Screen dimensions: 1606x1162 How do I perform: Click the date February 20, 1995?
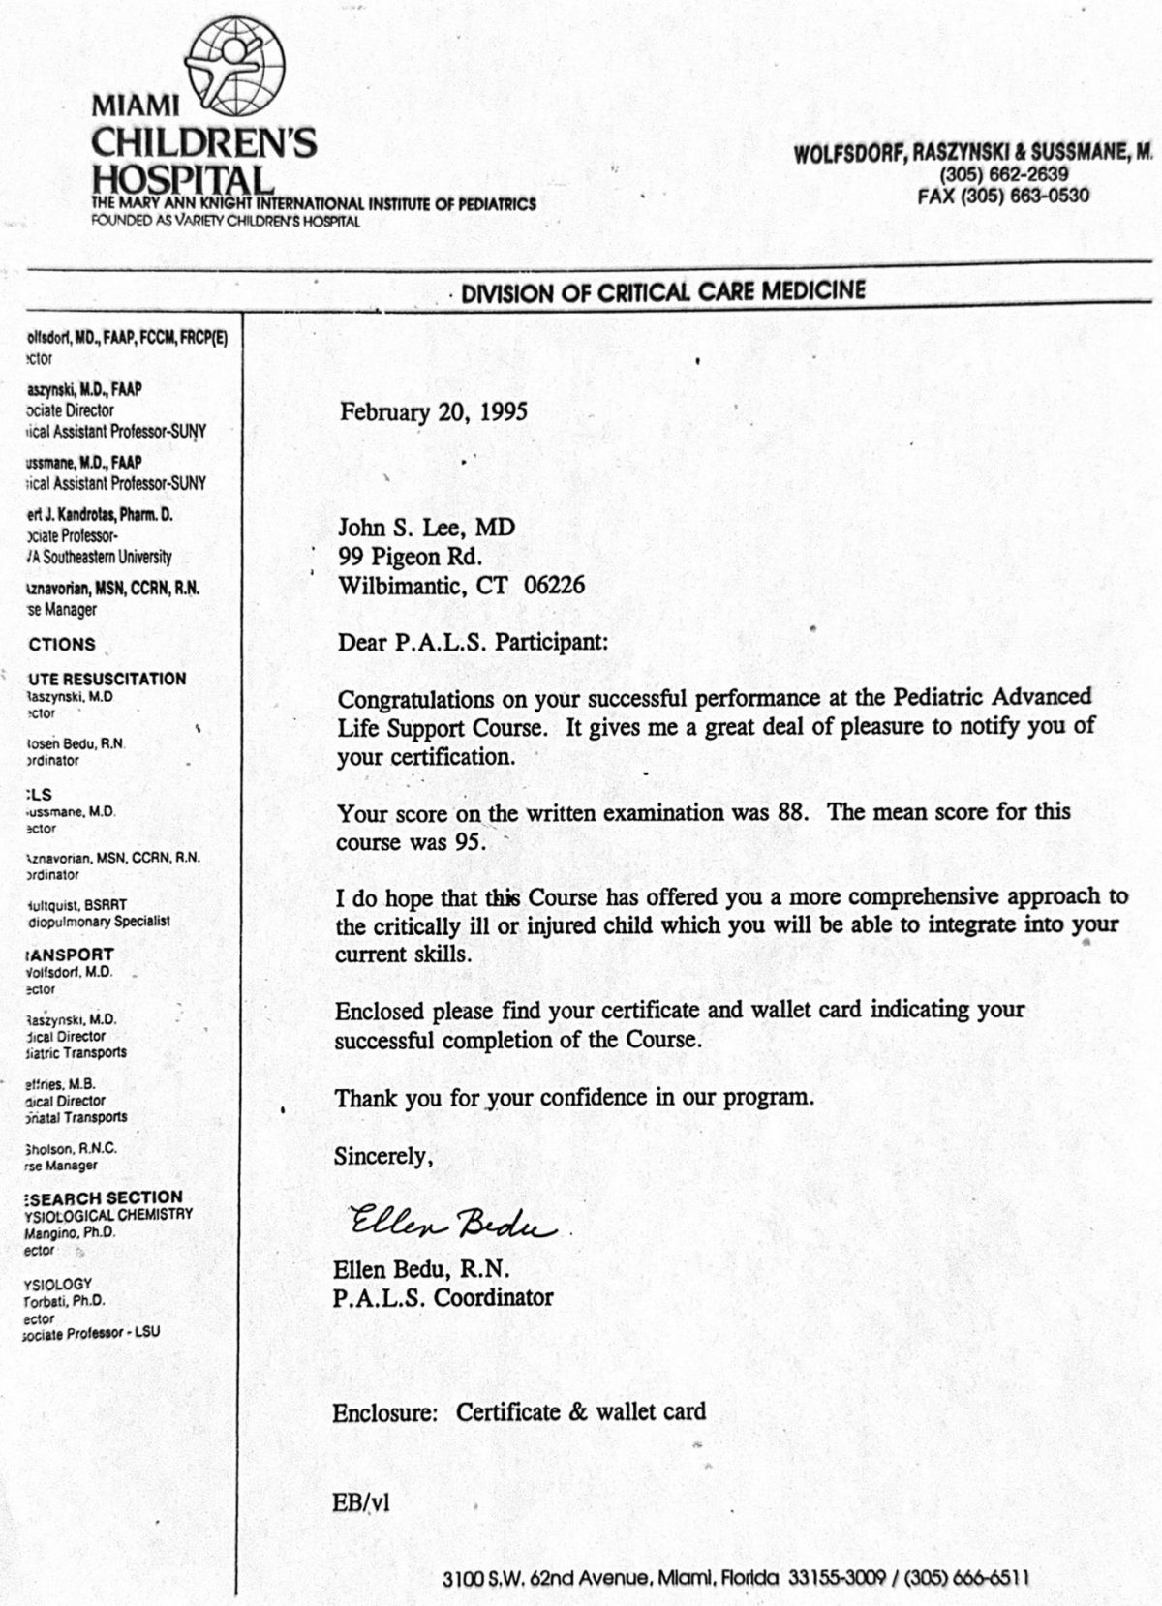pos(433,412)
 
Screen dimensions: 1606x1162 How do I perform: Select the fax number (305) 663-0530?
pos(1003,196)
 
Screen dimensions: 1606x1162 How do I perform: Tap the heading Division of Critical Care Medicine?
pos(662,291)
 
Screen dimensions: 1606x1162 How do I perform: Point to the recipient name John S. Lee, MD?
pos(426,528)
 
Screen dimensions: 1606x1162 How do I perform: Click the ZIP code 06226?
pos(554,586)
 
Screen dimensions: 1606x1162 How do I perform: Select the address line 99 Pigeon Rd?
pos(409,557)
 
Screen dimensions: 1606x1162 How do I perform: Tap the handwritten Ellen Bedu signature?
pos(451,1224)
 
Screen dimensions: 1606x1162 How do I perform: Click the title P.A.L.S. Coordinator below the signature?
pos(443,1298)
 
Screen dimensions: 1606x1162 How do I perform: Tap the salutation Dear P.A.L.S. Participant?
pos(473,641)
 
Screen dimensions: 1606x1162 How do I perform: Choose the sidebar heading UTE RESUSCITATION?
pos(107,680)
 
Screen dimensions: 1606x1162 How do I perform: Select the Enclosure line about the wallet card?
pos(519,1412)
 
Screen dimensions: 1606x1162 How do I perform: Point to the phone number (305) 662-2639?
pos(1004,175)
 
